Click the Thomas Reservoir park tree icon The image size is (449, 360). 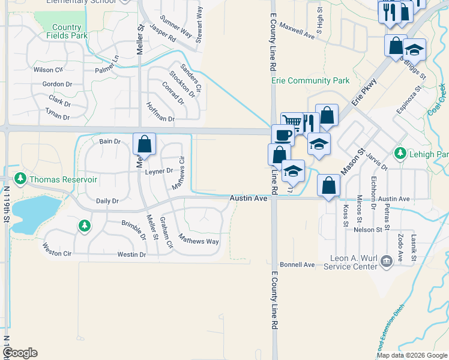[x=20, y=179]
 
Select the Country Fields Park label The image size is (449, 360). [x=67, y=31]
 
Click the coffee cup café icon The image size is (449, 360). [x=282, y=134]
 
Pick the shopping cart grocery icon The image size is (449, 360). [x=292, y=122]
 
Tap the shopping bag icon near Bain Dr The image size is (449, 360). [x=144, y=143]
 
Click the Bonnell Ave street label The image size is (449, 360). [x=297, y=265]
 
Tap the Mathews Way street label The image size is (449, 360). [x=201, y=241]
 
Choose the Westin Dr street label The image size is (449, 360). [x=131, y=254]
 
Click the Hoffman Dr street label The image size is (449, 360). [x=158, y=112]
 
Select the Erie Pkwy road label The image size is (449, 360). [x=364, y=92]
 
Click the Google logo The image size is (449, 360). [x=20, y=353]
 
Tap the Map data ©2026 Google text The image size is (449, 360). [x=412, y=355]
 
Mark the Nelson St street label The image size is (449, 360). [x=368, y=229]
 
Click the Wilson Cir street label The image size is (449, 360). [x=44, y=70]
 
